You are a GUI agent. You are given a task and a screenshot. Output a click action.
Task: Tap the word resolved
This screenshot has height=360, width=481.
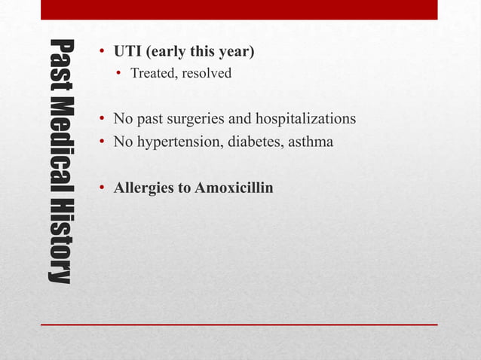207,74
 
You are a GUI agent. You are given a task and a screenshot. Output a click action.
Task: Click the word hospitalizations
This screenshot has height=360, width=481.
305,120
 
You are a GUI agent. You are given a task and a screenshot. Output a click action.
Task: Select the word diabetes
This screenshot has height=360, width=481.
245,142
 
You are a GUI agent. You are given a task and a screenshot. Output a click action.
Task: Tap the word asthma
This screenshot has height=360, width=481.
308,142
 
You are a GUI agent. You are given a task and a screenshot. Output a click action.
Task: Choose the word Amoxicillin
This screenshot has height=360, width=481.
234,186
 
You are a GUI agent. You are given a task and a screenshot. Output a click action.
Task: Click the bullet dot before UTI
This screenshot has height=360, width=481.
102,53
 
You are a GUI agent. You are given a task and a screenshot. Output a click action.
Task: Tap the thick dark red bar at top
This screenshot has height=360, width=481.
239,10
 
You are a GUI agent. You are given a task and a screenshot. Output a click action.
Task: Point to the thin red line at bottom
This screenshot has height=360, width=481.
239,325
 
